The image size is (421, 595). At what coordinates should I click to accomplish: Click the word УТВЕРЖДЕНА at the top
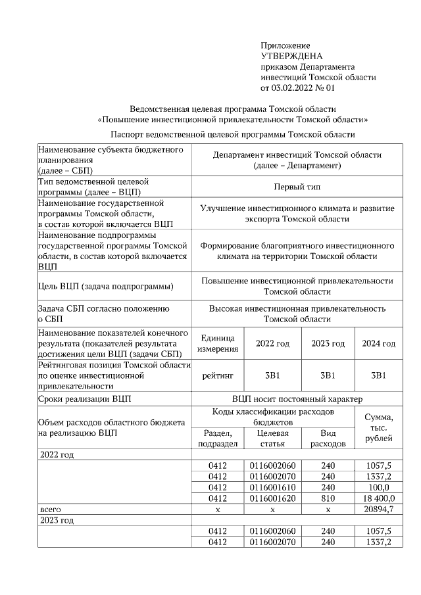click(x=292, y=57)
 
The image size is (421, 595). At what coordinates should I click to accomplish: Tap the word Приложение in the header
click(x=285, y=45)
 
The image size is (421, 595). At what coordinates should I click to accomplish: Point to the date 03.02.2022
click(x=294, y=87)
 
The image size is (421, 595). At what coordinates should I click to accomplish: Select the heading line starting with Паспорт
click(x=233, y=134)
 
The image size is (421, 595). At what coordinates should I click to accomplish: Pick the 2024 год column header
click(x=379, y=344)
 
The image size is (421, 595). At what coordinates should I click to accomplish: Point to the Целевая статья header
click(x=272, y=439)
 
